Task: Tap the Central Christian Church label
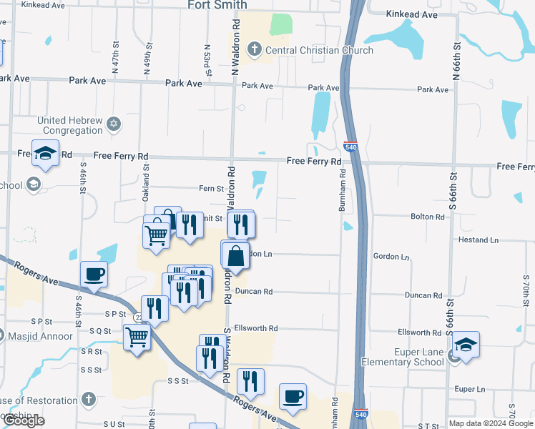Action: coord(319,50)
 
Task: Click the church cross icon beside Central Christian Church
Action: coord(254,50)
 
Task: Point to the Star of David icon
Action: coord(113,125)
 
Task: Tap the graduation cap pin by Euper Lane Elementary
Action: coord(466,346)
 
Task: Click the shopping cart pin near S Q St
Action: coord(137,337)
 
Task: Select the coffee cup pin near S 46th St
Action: coord(94,274)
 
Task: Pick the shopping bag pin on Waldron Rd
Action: coord(235,256)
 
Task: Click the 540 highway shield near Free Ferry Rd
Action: coord(350,145)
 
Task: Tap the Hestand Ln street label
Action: coord(478,240)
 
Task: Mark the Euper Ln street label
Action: coord(470,390)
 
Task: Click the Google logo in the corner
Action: coord(25,421)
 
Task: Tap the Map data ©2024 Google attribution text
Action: coord(491,423)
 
